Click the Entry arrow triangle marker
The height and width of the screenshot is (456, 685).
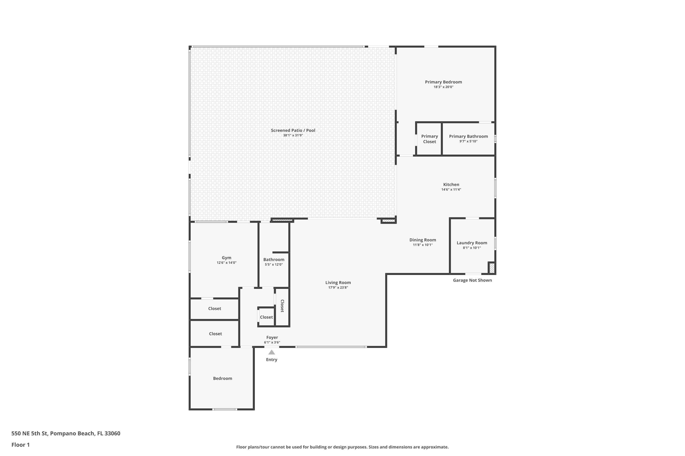271,352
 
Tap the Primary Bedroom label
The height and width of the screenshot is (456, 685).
443,82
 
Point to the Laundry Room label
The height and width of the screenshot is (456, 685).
472,243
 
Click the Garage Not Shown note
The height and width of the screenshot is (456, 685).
472,280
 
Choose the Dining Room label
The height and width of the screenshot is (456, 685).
423,240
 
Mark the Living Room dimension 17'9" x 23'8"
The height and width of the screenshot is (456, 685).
338,288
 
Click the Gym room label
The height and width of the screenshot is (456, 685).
227,258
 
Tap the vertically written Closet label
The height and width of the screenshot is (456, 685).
282,306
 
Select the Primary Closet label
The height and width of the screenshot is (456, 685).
429,139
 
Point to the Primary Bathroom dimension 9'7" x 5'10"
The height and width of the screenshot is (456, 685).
468,141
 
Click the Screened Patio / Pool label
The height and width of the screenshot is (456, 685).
293,130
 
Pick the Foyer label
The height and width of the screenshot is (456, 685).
272,337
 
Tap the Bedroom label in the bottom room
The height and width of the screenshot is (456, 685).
222,378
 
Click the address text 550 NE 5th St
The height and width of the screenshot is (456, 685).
29,433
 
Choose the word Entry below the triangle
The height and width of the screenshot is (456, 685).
271,360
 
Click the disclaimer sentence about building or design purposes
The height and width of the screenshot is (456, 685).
342,447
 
